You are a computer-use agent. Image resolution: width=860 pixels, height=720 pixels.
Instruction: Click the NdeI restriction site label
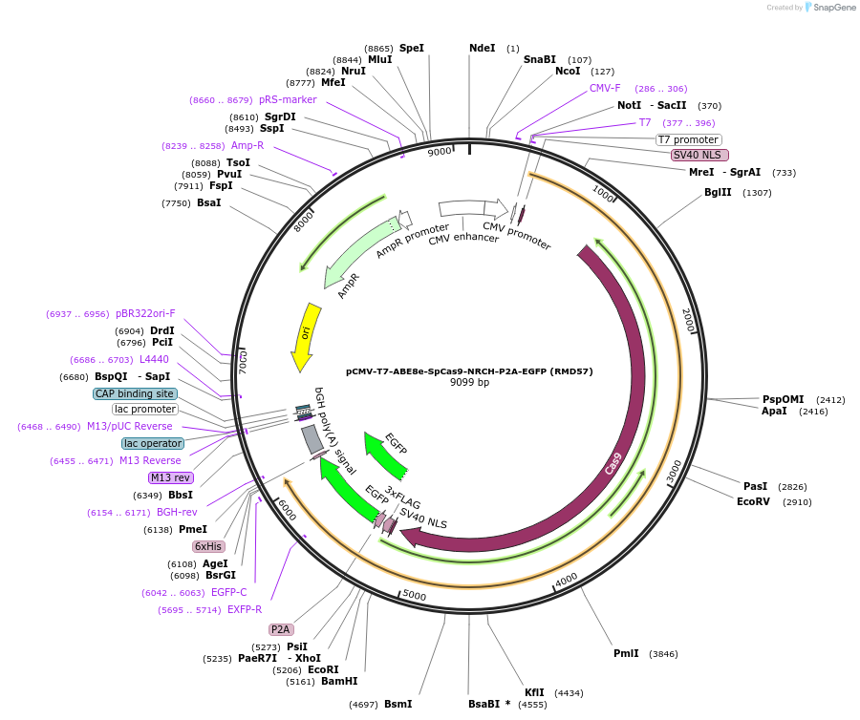(x=483, y=48)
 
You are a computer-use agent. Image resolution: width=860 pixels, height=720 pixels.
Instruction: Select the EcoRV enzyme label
(x=753, y=501)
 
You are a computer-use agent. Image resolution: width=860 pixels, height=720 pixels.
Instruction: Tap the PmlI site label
(x=627, y=654)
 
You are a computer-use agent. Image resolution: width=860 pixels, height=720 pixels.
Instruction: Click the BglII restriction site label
(x=718, y=193)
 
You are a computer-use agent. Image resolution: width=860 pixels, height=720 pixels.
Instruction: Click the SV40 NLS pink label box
(x=699, y=155)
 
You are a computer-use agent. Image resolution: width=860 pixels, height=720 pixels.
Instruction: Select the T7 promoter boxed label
(x=688, y=139)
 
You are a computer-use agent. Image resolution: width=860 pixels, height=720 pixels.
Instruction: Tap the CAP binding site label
(x=135, y=393)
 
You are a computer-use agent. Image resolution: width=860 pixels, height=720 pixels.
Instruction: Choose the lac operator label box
(x=153, y=443)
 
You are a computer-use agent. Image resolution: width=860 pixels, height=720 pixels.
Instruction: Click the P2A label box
(x=280, y=629)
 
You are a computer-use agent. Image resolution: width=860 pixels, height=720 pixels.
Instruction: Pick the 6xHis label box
(x=207, y=546)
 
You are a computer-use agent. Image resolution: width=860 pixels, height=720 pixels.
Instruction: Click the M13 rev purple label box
(x=170, y=477)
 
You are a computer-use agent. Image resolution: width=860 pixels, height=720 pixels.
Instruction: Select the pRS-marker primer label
(x=288, y=99)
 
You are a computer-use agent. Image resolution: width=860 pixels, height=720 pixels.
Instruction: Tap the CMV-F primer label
(x=605, y=88)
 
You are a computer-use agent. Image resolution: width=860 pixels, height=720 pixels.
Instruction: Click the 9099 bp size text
(x=469, y=383)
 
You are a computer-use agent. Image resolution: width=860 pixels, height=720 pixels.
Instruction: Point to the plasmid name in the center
(x=469, y=371)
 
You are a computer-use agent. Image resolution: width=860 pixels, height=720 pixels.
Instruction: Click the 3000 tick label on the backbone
(x=674, y=470)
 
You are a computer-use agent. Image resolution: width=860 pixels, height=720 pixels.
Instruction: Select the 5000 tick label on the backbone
(x=415, y=595)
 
